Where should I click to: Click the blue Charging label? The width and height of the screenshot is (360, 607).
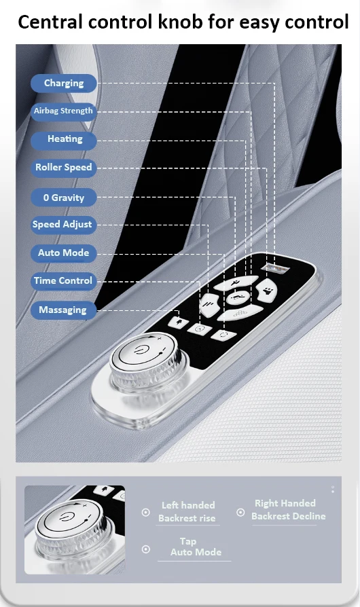(63, 84)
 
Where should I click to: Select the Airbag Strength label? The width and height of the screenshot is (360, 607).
(63, 111)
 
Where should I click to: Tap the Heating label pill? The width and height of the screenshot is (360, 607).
(63, 139)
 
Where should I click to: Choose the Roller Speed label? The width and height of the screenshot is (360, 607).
(63, 168)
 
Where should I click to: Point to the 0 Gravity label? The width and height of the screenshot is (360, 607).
(63, 198)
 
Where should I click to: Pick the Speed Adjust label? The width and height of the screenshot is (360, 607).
(63, 225)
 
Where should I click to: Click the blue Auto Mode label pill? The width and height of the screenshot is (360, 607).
(63, 253)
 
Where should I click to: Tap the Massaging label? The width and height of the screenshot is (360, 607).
(63, 310)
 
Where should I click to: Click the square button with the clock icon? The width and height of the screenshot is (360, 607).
(200, 329)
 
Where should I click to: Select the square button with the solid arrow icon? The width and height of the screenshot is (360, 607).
(179, 321)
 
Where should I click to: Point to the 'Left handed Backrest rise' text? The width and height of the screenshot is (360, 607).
(187, 512)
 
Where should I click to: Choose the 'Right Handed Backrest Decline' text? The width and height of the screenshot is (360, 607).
(289, 510)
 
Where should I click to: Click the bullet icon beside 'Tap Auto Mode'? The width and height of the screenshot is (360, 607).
(146, 549)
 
